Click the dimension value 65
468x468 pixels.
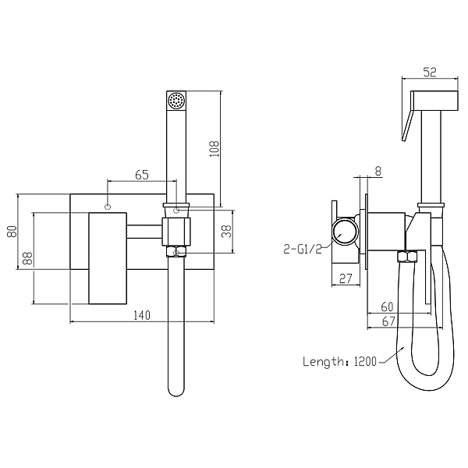[x=142, y=175]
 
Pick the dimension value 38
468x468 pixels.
[x=227, y=232]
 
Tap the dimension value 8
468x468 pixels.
[x=378, y=171]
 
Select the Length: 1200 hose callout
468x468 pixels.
[x=339, y=361]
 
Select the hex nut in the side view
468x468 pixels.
[x=406, y=257]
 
